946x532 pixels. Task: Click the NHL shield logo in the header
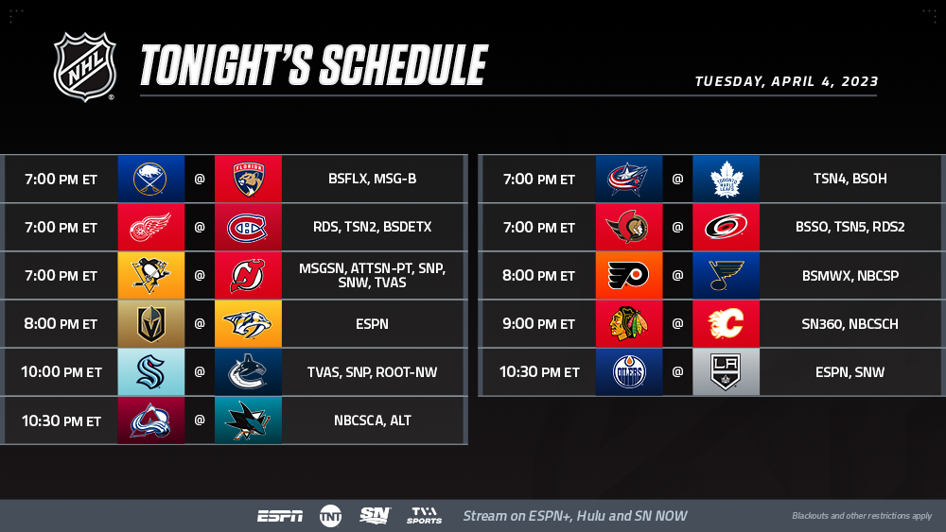click(x=84, y=66)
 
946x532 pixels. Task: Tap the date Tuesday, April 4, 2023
click(x=786, y=81)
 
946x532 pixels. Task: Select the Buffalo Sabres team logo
click(x=150, y=179)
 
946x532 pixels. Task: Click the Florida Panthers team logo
click(x=248, y=179)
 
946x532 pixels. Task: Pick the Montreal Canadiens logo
click(x=247, y=228)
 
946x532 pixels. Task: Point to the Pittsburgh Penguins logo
click(x=150, y=275)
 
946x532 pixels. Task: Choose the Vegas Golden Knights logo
click(x=150, y=323)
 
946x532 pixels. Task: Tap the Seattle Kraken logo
click(x=150, y=371)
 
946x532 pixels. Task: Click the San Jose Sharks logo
click(x=248, y=420)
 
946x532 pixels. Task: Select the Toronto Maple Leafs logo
click(x=726, y=179)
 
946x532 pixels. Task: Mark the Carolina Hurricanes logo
click(x=726, y=227)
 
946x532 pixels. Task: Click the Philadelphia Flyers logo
click(x=629, y=275)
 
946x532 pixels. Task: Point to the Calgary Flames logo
click(x=726, y=323)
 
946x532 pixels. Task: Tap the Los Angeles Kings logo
click(x=726, y=371)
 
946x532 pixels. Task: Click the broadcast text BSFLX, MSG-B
click(x=372, y=179)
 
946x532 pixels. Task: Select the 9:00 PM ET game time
click(x=539, y=324)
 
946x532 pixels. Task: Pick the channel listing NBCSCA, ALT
click(x=372, y=420)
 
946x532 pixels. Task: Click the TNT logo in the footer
click(x=330, y=516)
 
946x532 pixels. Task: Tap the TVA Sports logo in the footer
click(x=424, y=515)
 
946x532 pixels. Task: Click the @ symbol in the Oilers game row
click(x=677, y=371)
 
